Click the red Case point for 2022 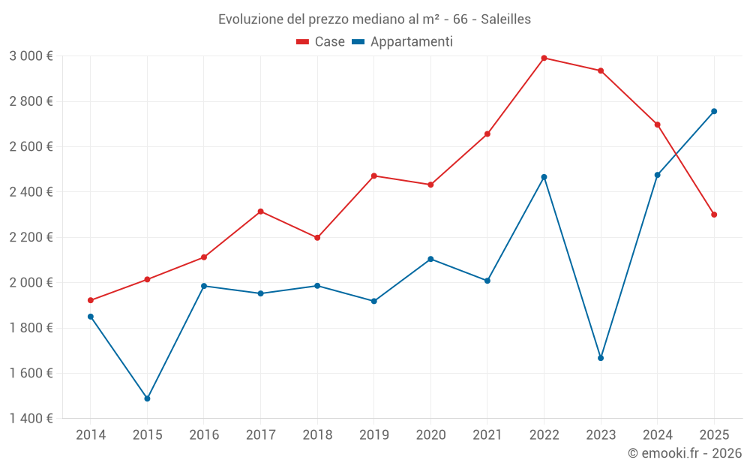(x=544, y=58)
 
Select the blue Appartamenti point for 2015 (x=147, y=398)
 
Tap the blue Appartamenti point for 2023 (x=601, y=358)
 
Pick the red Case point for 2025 (x=714, y=215)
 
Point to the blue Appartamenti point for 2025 (x=714, y=111)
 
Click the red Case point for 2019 (x=374, y=176)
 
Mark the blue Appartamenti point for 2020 (x=430, y=259)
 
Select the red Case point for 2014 (x=91, y=300)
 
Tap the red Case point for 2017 (x=260, y=212)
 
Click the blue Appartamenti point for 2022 (x=544, y=177)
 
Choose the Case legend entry (x=321, y=42)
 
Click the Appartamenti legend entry (x=403, y=42)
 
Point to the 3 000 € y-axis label (x=31, y=56)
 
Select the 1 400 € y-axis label (x=31, y=419)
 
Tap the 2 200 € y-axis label (x=31, y=237)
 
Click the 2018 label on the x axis (x=317, y=434)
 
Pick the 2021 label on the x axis (x=487, y=434)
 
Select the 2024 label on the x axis (x=657, y=434)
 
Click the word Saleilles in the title (x=502, y=19)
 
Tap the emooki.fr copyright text (x=684, y=453)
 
